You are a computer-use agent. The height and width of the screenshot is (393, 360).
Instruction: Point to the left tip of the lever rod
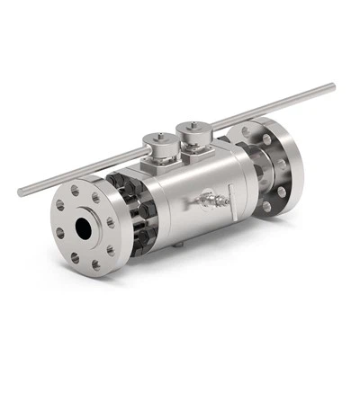(22, 192)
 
